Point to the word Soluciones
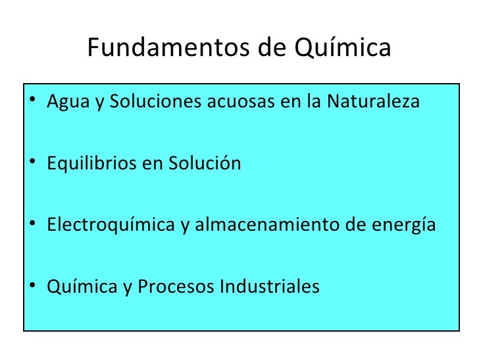coord(142,103)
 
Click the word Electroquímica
coord(109,225)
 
